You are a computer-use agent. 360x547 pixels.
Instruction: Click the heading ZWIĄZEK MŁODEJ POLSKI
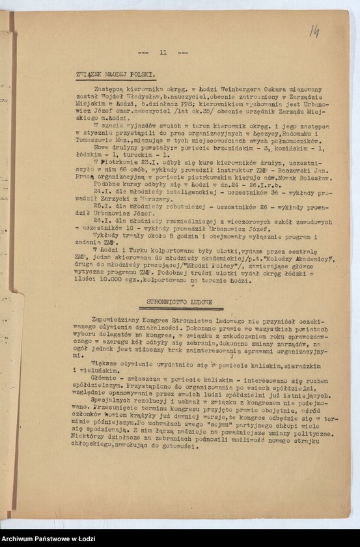pyautogui.click(x=114, y=76)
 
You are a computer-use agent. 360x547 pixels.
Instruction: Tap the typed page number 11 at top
pyautogui.click(x=163, y=52)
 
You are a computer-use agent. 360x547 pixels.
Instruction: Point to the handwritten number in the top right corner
pyautogui.click(x=314, y=31)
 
